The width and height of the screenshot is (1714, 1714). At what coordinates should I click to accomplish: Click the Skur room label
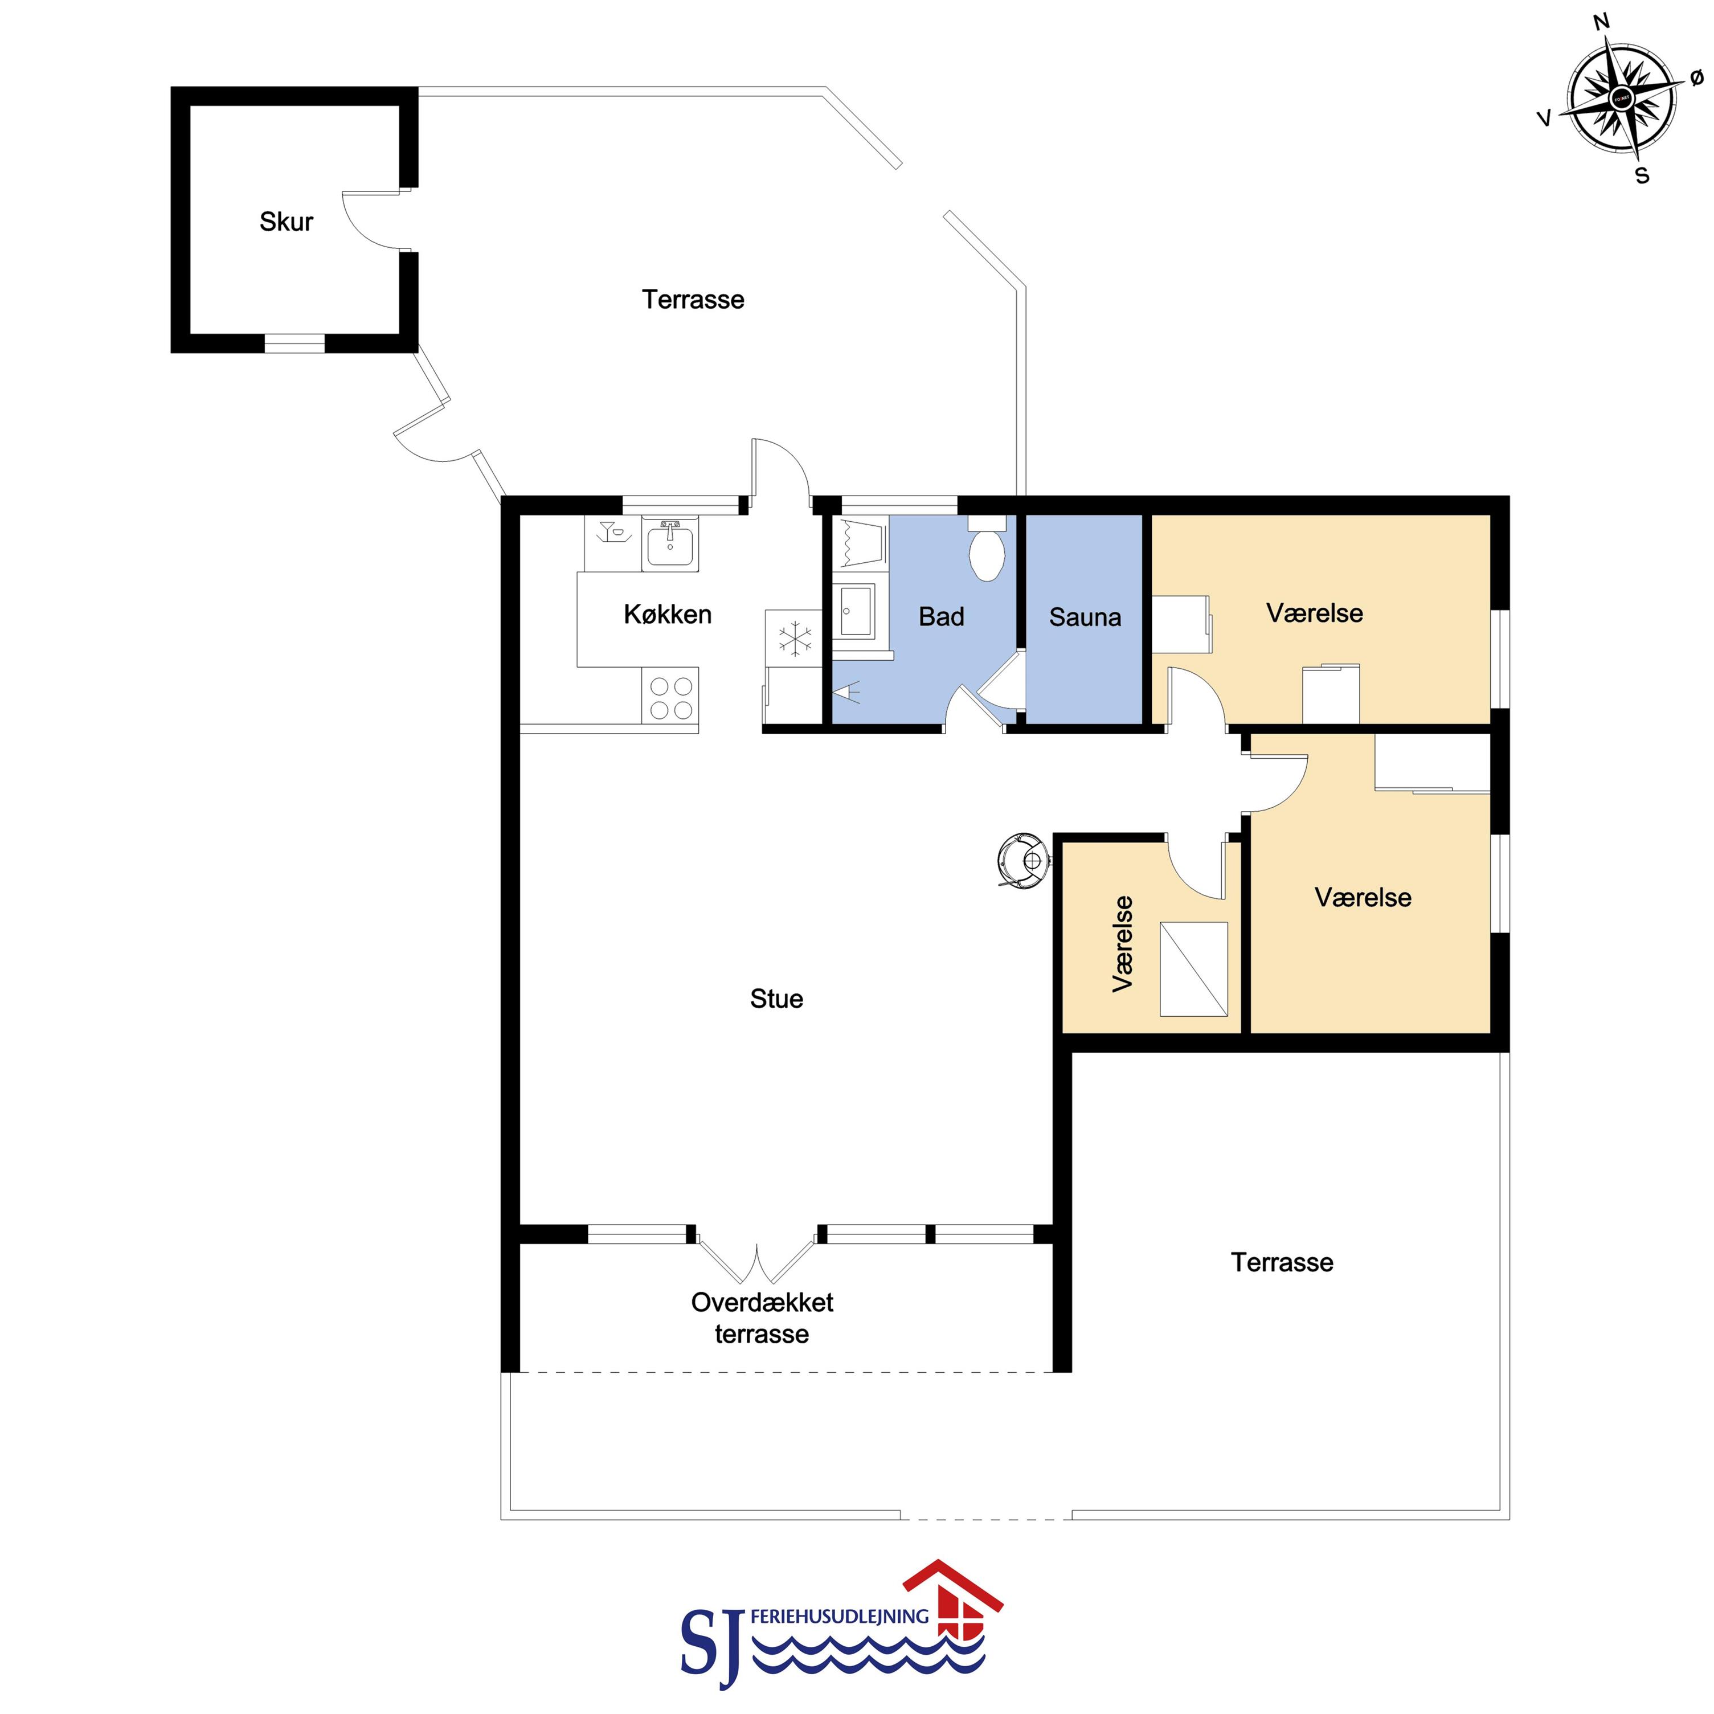coord(286,222)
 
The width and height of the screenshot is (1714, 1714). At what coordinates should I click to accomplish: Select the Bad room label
coord(940,616)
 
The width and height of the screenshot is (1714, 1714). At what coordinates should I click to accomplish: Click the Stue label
coord(776,999)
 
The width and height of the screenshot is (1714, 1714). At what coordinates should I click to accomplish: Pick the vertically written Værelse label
coord(1122,943)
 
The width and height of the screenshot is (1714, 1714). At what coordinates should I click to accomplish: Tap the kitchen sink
coord(670,543)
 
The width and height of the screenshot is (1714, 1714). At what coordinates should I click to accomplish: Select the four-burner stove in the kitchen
coord(670,698)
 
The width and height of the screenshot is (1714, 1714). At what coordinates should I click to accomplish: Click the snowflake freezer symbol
coord(795,639)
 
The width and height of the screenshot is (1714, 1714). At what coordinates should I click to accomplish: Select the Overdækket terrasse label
coord(762,1318)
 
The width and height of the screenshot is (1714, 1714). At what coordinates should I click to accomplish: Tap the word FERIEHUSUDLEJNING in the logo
coord(839,1617)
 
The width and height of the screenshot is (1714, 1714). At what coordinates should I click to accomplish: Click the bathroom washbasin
coord(855,611)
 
